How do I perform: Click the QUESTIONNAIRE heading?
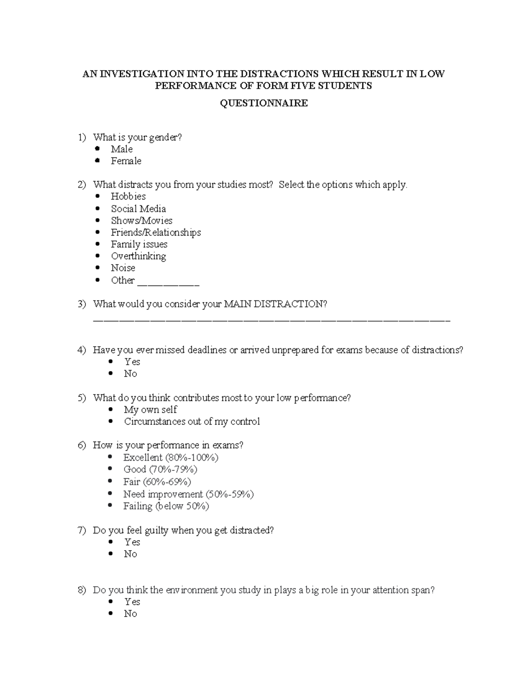click(264, 103)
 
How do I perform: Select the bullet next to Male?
click(97, 149)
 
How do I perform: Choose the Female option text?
click(126, 161)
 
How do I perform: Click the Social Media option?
click(138, 209)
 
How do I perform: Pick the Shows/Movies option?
click(141, 221)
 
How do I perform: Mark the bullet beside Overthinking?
click(97, 256)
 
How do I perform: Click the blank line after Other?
click(168, 284)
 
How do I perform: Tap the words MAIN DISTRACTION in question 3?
click(275, 304)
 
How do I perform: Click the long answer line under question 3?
click(271, 320)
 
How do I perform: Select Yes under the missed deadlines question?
click(132, 362)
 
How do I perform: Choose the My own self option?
click(150, 410)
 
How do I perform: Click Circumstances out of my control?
click(192, 421)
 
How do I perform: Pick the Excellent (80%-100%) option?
click(171, 457)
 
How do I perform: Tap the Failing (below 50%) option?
click(166, 506)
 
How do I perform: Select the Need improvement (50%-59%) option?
click(188, 494)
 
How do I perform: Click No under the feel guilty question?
click(130, 554)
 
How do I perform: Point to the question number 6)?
click(82, 445)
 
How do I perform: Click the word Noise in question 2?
click(123, 268)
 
